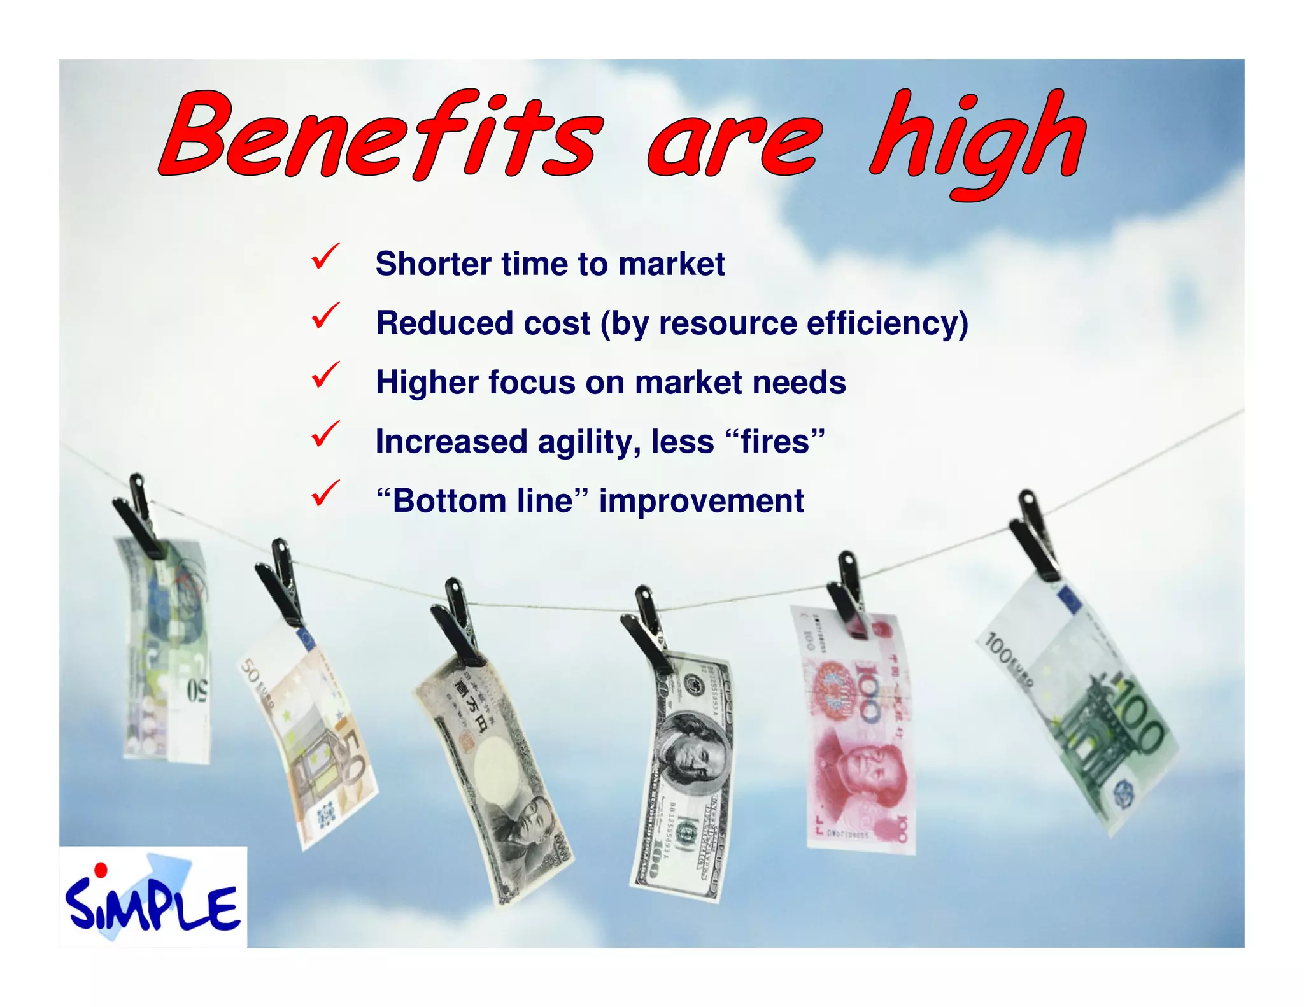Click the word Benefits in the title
tap(379, 135)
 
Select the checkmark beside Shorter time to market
tap(325, 257)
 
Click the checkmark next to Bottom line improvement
tap(325, 494)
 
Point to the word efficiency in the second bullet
tap(888, 323)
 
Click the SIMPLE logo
tap(153, 898)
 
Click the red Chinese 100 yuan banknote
tap(856, 732)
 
